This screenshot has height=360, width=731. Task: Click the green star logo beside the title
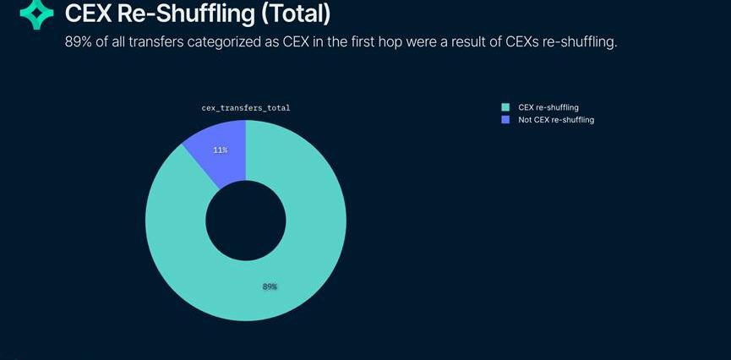click(x=36, y=14)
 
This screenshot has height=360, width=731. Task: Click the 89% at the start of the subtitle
click(x=79, y=41)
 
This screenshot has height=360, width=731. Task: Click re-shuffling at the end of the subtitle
click(x=585, y=41)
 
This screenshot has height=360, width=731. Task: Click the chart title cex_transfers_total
click(x=245, y=108)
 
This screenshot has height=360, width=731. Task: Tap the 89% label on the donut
click(x=270, y=286)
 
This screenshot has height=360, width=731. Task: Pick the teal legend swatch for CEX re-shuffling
click(x=505, y=107)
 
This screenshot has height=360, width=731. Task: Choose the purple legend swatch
click(x=505, y=120)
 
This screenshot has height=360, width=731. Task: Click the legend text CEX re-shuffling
click(x=548, y=107)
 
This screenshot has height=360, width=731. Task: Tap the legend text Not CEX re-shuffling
click(x=556, y=120)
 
